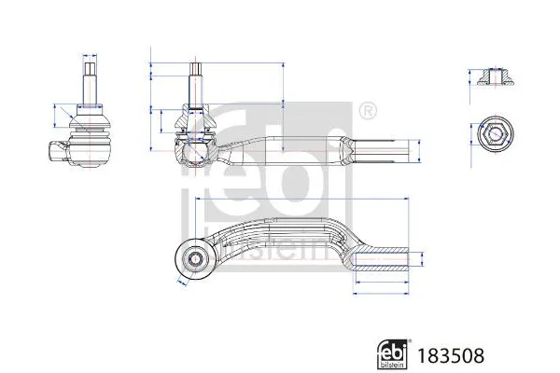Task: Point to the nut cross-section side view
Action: [x=494, y=78]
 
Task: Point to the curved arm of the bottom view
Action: [x=280, y=229]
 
